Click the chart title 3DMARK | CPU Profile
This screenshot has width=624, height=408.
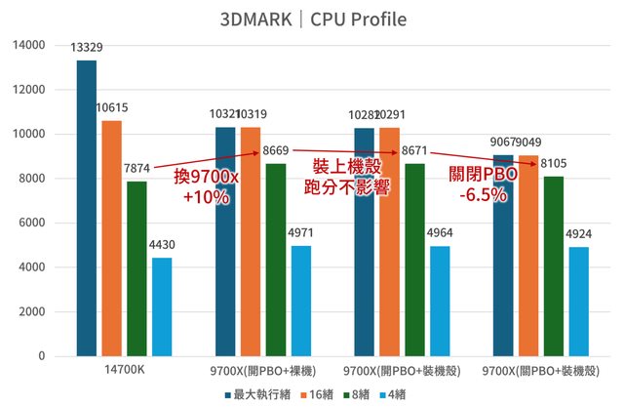[x=313, y=20]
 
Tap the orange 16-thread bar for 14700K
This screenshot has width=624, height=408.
[x=112, y=237]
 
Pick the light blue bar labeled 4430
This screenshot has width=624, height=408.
[x=162, y=306]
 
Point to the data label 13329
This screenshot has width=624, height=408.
[x=87, y=48]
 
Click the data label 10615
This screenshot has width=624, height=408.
[x=112, y=108]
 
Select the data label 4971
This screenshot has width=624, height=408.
[x=301, y=232]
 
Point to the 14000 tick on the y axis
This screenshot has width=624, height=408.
[x=29, y=45]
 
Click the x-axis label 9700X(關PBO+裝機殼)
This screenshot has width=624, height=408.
[x=542, y=371]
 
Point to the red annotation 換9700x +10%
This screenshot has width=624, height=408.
[x=206, y=186]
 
